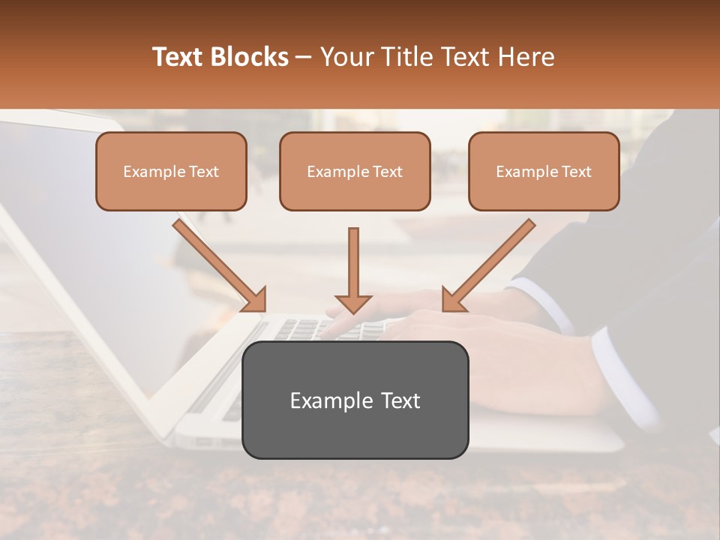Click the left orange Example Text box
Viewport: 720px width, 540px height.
tap(171, 171)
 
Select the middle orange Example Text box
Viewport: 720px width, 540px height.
tap(355, 171)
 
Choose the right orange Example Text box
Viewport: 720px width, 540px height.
tap(544, 171)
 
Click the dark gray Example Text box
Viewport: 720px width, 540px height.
tap(355, 400)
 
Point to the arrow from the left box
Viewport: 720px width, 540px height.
tap(217, 263)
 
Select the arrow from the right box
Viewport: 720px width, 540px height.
tap(490, 263)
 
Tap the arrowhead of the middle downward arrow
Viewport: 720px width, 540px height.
tap(353, 304)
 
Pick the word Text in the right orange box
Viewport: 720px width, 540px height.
tap(577, 172)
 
